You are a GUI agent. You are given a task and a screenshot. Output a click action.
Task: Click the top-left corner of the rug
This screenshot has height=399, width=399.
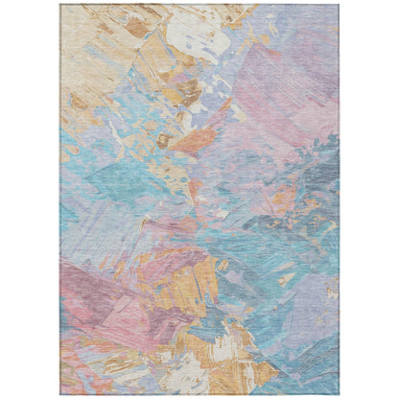(x=60, y=5)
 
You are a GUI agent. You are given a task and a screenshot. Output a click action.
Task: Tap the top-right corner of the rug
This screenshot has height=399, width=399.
(x=340, y=5)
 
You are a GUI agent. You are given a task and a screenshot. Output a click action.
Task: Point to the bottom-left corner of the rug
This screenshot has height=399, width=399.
(x=60, y=394)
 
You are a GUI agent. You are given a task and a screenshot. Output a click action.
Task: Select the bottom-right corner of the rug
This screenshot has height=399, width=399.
(x=340, y=394)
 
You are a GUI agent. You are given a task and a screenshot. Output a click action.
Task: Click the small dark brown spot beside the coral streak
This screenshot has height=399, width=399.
(x=163, y=140)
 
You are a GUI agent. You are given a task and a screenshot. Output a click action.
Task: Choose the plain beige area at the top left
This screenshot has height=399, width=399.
(x=82, y=38)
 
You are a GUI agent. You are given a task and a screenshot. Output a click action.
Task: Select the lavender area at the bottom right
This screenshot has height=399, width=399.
(x=307, y=364)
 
